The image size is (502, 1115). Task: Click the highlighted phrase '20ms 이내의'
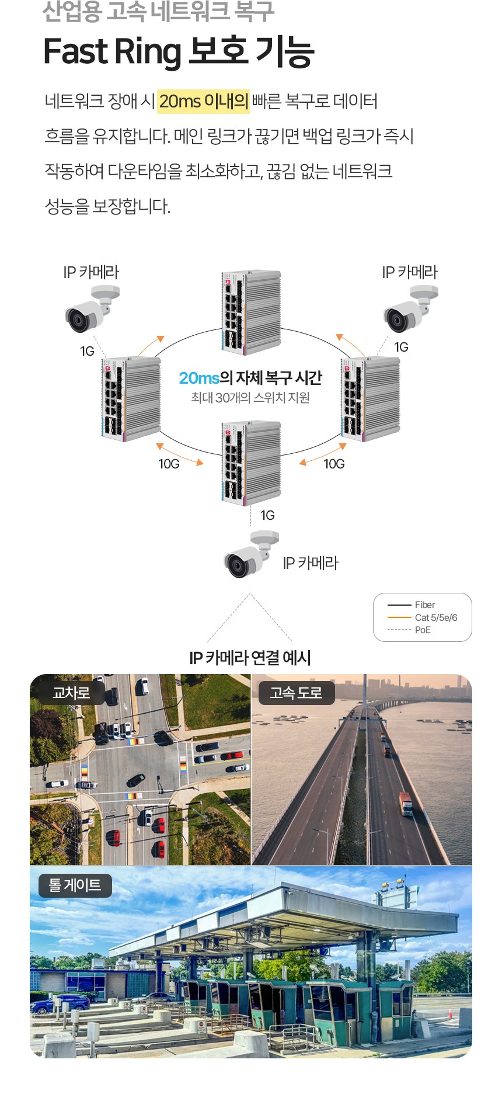203,102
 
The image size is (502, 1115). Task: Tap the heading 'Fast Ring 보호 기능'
179,51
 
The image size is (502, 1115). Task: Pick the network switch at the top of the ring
251,312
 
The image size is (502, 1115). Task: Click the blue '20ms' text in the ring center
199,378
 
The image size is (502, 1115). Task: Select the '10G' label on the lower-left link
169,464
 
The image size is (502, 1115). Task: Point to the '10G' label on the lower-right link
334,464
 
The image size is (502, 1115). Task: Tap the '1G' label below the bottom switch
267,515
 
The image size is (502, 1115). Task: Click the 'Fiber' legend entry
424,605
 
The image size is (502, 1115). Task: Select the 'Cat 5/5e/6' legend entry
435,617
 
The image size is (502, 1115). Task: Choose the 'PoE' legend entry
423,630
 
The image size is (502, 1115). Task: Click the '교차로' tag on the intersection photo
71,693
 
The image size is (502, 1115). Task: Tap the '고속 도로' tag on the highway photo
296,693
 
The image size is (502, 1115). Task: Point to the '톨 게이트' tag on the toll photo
75,885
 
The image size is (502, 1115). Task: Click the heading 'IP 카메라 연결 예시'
250,658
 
